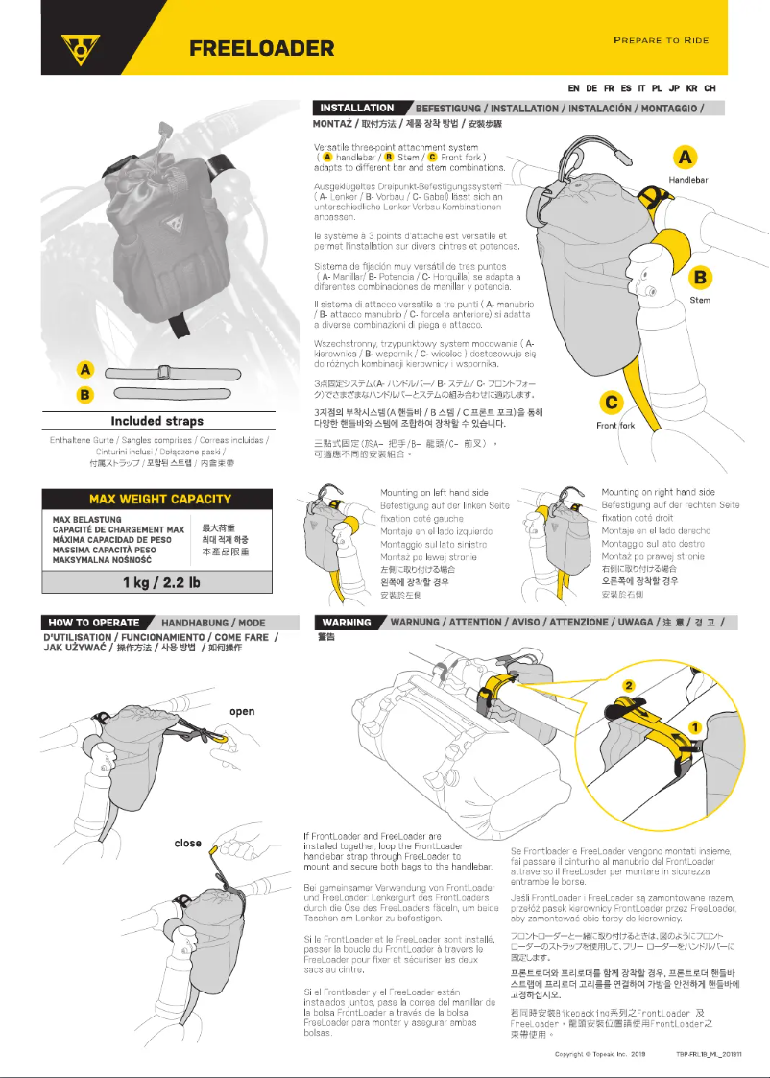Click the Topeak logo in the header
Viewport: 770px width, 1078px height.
82,47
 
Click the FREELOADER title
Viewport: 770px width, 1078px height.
261,48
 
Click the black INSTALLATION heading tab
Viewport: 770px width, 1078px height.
358,109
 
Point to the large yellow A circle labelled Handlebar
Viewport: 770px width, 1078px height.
686,157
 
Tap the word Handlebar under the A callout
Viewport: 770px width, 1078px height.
687,180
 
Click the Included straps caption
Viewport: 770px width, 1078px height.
156,421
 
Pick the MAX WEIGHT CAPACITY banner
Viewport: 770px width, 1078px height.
159,499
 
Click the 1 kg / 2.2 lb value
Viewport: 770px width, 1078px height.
160,582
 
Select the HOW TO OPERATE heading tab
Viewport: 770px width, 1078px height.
93,623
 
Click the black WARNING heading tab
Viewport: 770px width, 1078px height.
347,623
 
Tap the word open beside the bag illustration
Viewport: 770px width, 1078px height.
242,711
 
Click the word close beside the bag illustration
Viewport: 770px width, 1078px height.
188,843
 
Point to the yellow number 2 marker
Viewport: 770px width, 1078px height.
628,685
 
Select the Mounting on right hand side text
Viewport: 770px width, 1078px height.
658,492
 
